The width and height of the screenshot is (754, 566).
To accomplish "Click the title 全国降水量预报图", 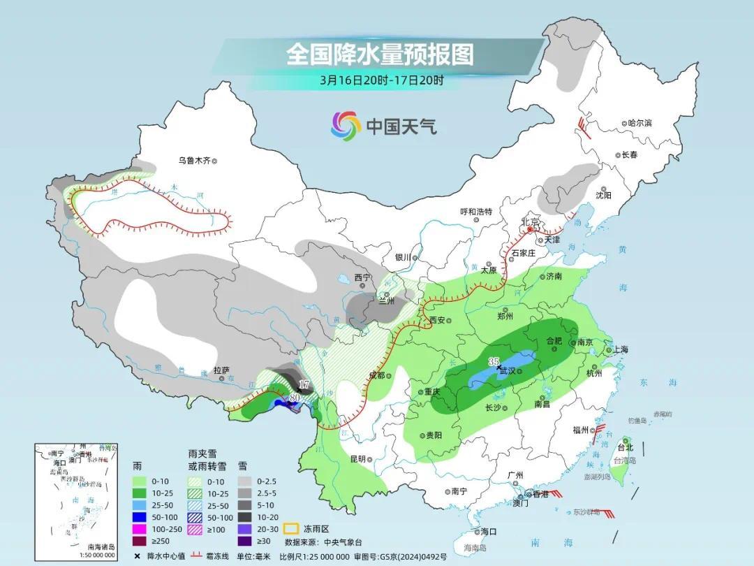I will tap(379, 54).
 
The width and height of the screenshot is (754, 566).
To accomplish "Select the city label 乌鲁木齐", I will tap(193, 161).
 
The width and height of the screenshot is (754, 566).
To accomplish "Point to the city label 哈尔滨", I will tap(639, 123).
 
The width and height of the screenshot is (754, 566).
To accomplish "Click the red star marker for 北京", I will tap(530, 228).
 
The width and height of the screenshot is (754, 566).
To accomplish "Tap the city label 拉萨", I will tap(221, 371).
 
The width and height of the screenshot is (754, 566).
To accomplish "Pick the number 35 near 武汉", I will tap(494, 361).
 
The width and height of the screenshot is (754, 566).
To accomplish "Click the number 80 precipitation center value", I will tap(295, 398).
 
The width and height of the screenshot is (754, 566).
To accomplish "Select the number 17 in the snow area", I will tap(304, 385).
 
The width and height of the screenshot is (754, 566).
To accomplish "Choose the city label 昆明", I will tap(357, 459).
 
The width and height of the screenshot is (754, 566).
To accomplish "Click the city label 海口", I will tap(489, 532).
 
